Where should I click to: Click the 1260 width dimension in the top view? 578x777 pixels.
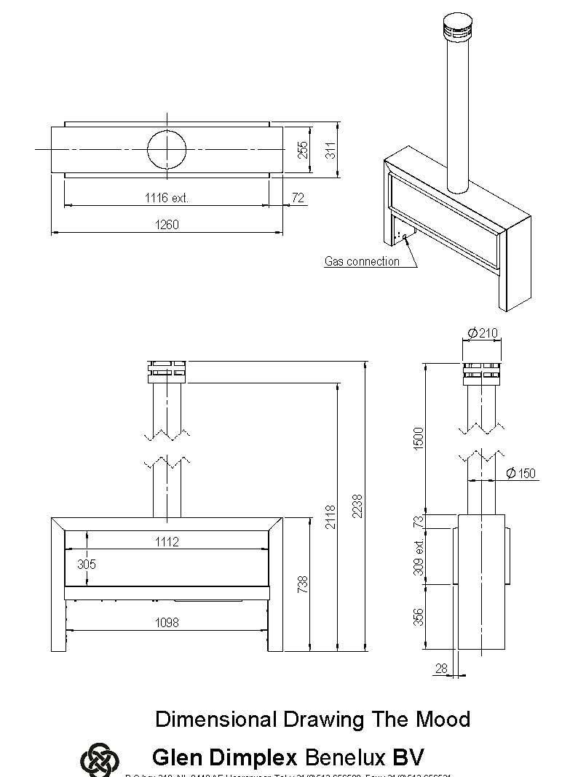click(166, 225)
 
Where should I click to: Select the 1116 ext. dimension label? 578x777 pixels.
click(167, 198)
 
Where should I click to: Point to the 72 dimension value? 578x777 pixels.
click(297, 198)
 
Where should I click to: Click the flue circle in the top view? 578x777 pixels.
click(167, 151)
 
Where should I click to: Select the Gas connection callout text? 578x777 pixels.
click(362, 261)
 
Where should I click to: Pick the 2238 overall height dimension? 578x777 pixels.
click(357, 506)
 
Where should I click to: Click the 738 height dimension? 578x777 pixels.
click(304, 583)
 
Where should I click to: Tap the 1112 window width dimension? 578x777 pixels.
click(166, 542)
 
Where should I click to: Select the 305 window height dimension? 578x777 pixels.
click(87, 565)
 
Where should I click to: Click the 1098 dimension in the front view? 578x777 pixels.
click(166, 622)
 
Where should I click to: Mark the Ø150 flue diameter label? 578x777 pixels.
click(520, 474)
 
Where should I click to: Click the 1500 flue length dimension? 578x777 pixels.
click(419, 438)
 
